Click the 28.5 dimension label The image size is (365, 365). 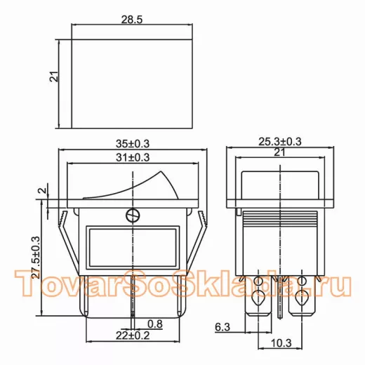(132, 20)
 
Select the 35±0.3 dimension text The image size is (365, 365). (133, 144)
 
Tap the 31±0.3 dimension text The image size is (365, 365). (133, 157)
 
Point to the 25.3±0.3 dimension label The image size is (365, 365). (280, 142)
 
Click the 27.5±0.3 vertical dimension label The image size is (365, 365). (36, 258)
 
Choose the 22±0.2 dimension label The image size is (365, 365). (133, 336)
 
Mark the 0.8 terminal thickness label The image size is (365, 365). (155, 324)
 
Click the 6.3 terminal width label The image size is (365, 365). (223, 327)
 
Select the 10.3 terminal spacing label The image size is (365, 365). (281, 343)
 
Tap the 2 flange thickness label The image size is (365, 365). (43, 190)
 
